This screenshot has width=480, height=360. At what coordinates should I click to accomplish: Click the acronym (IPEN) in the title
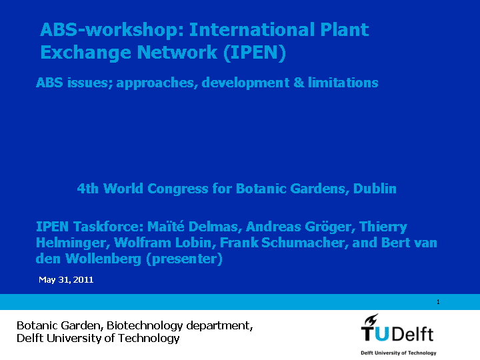point(255,53)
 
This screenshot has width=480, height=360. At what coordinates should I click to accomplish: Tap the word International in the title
point(252,30)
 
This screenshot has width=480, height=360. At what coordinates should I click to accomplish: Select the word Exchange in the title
point(85,53)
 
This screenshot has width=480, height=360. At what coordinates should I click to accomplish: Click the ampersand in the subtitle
point(299,83)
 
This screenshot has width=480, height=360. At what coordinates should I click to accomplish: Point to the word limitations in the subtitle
point(343,83)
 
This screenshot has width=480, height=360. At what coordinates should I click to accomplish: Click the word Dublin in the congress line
point(375,189)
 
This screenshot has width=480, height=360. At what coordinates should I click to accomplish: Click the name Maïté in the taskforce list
point(165,227)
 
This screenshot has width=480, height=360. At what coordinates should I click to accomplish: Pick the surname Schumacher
point(305,243)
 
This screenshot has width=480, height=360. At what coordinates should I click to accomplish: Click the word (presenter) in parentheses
point(184,259)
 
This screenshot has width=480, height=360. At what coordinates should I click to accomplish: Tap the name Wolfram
point(143,243)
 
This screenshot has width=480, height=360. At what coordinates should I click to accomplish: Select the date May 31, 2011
point(66,280)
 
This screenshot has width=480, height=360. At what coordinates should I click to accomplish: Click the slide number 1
point(438,302)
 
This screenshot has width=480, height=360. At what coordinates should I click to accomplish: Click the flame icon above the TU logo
point(371,320)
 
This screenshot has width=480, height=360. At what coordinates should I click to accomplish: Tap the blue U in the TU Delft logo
point(381,334)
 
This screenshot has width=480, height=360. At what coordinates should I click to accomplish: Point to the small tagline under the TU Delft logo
point(399,353)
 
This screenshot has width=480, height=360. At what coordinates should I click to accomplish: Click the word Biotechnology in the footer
point(145,326)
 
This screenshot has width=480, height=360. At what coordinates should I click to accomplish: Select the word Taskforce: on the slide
point(109,227)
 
